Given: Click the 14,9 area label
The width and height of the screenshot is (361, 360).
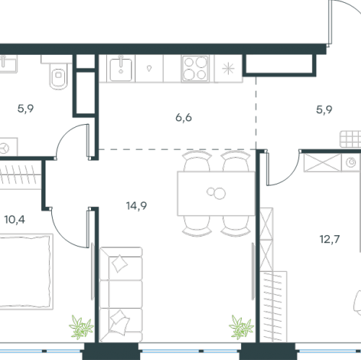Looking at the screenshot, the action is (136, 206).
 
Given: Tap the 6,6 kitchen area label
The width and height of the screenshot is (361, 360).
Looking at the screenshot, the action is (183, 118).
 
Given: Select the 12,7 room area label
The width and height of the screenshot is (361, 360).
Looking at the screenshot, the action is (329, 240).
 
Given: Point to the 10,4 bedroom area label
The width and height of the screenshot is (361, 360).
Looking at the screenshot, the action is (14, 219).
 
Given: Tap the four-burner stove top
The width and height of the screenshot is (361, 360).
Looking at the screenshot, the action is (195, 69).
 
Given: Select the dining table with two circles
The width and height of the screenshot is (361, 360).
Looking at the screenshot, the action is (216, 193).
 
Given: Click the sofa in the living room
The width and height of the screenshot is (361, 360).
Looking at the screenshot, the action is (121, 294).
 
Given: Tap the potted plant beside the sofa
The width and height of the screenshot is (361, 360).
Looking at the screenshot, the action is (81, 327).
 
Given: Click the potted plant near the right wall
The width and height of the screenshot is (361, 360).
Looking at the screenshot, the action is (241, 327).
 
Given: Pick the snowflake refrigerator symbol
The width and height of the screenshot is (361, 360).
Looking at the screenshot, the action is (228, 69).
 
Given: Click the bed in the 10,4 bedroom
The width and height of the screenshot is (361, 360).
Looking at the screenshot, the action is (25, 271).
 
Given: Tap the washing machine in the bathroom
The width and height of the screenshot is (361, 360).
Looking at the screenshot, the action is (8, 147).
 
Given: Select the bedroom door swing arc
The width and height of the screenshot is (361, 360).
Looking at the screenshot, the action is (64, 236).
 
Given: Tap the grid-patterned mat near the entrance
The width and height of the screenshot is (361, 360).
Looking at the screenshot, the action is (350, 139).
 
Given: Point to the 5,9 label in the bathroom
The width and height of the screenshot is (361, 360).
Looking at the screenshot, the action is (25, 109).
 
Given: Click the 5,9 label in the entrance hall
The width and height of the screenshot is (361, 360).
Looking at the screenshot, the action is (324, 110).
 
